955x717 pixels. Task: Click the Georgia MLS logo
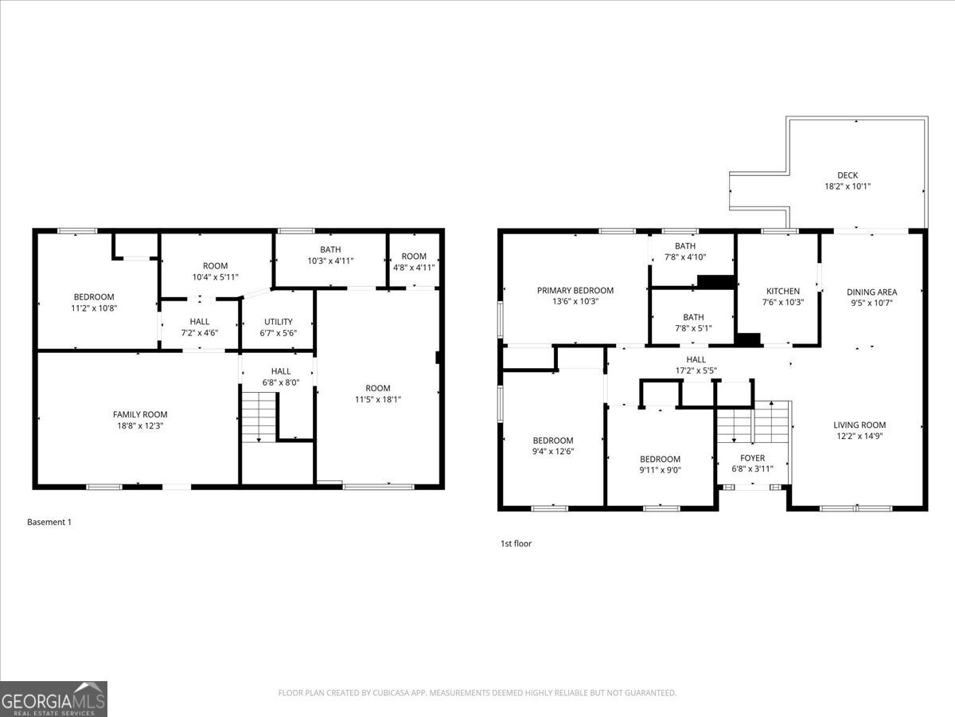pos(53,699)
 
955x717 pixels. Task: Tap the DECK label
pos(847,175)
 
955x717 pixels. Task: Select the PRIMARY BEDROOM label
pos(575,291)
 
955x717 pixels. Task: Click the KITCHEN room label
pos(782,291)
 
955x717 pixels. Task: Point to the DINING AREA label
pos(871,292)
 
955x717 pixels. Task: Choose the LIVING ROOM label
pos(859,425)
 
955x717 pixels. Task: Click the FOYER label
pos(752,458)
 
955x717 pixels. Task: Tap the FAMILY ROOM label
pos(140,414)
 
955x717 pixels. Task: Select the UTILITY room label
pos(279,322)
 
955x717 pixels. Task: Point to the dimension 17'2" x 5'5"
pos(696,370)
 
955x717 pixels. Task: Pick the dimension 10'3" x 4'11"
pos(330,261)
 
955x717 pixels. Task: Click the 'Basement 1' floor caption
pos(49,522)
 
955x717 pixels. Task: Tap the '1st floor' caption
pos(516,543)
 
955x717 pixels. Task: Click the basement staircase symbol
pos(258,416)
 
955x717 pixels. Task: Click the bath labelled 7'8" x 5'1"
pos(692,323)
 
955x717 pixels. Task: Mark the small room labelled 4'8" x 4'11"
pos(413,262)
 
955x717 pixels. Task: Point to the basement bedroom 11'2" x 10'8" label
pos(95,303)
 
